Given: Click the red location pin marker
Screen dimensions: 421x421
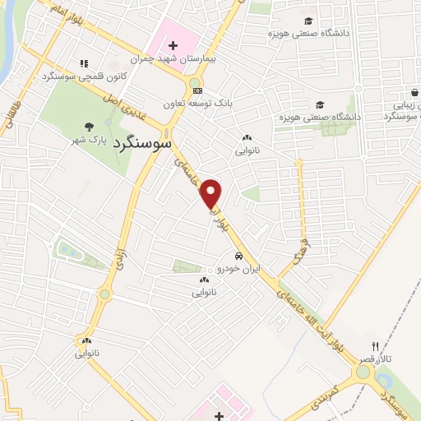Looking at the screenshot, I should (212, 194).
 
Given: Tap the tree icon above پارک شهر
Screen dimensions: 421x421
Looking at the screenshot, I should (88, 126).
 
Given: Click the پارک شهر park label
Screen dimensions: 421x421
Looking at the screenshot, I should (87, 141).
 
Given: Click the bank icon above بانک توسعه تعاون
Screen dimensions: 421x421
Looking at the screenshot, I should (196, 90).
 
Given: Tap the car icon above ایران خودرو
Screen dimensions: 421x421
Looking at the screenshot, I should (238, 255).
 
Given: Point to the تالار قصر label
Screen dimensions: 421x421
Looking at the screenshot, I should (376, 360).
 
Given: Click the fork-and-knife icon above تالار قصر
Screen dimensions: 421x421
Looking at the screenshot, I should (376, 346).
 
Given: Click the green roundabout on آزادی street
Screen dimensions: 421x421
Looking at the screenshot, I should (104, 294).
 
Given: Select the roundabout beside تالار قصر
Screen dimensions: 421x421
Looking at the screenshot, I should (362, 372).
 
